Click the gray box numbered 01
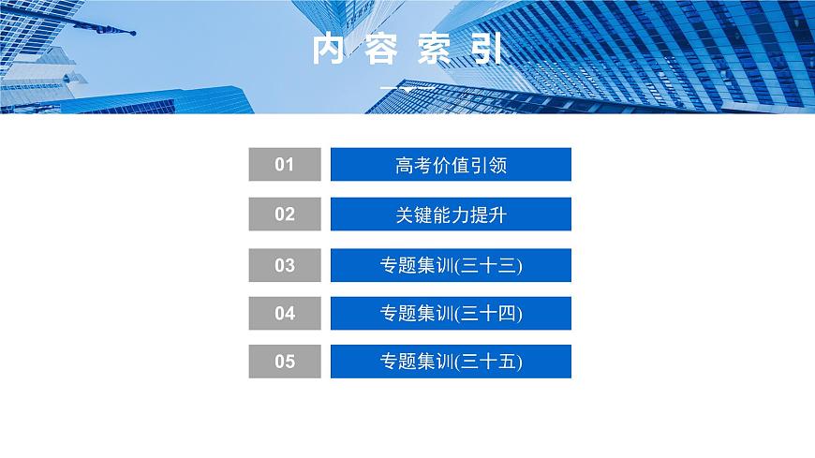coord(285,165)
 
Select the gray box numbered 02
coord(285,214)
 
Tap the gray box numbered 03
coord(285,265)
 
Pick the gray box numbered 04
coord(285,314)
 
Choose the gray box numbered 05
coord(285,362)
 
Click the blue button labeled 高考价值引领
coord(451,165)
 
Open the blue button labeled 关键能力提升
coord(451,214)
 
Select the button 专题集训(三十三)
coord(451,265)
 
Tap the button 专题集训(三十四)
coord(451,314)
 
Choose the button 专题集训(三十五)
coord(451,362)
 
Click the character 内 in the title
coord(330,50)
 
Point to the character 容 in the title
coord(381,50)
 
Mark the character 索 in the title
coord(434,50)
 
